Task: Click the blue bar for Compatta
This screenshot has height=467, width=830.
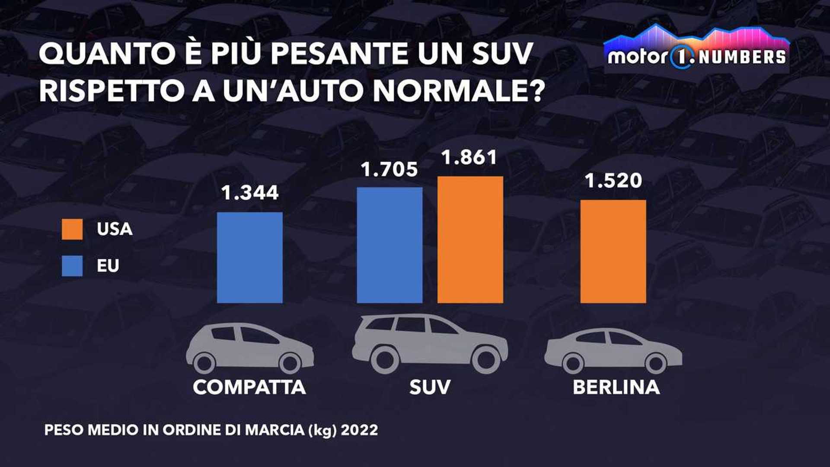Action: [x=250, y=258]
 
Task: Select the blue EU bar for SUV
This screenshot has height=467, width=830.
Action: [x=389, y=245]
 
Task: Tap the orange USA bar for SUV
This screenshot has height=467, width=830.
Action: [x=470, y=240]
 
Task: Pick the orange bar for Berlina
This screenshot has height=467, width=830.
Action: [x=613, y=251]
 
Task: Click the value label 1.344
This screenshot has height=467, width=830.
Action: [x=250, y=193]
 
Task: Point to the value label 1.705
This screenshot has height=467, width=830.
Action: [x=389, y=170]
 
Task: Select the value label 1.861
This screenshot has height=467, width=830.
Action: [x=469, y=157]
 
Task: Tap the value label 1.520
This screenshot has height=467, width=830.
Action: [x=613, y=181]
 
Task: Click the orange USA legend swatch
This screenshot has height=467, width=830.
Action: [x=72, y=229]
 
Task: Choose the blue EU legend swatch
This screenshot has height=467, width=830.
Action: [x=72, y=265]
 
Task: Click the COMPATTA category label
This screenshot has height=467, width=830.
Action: [x=249, y=387]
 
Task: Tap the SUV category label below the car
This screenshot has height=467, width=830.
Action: [x=430, y=387]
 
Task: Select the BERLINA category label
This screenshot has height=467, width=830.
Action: [x=616, y=387]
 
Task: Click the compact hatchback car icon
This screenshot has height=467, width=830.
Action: [x=249, y=349]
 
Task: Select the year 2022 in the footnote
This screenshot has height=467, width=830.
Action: [x=359, y=430]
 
